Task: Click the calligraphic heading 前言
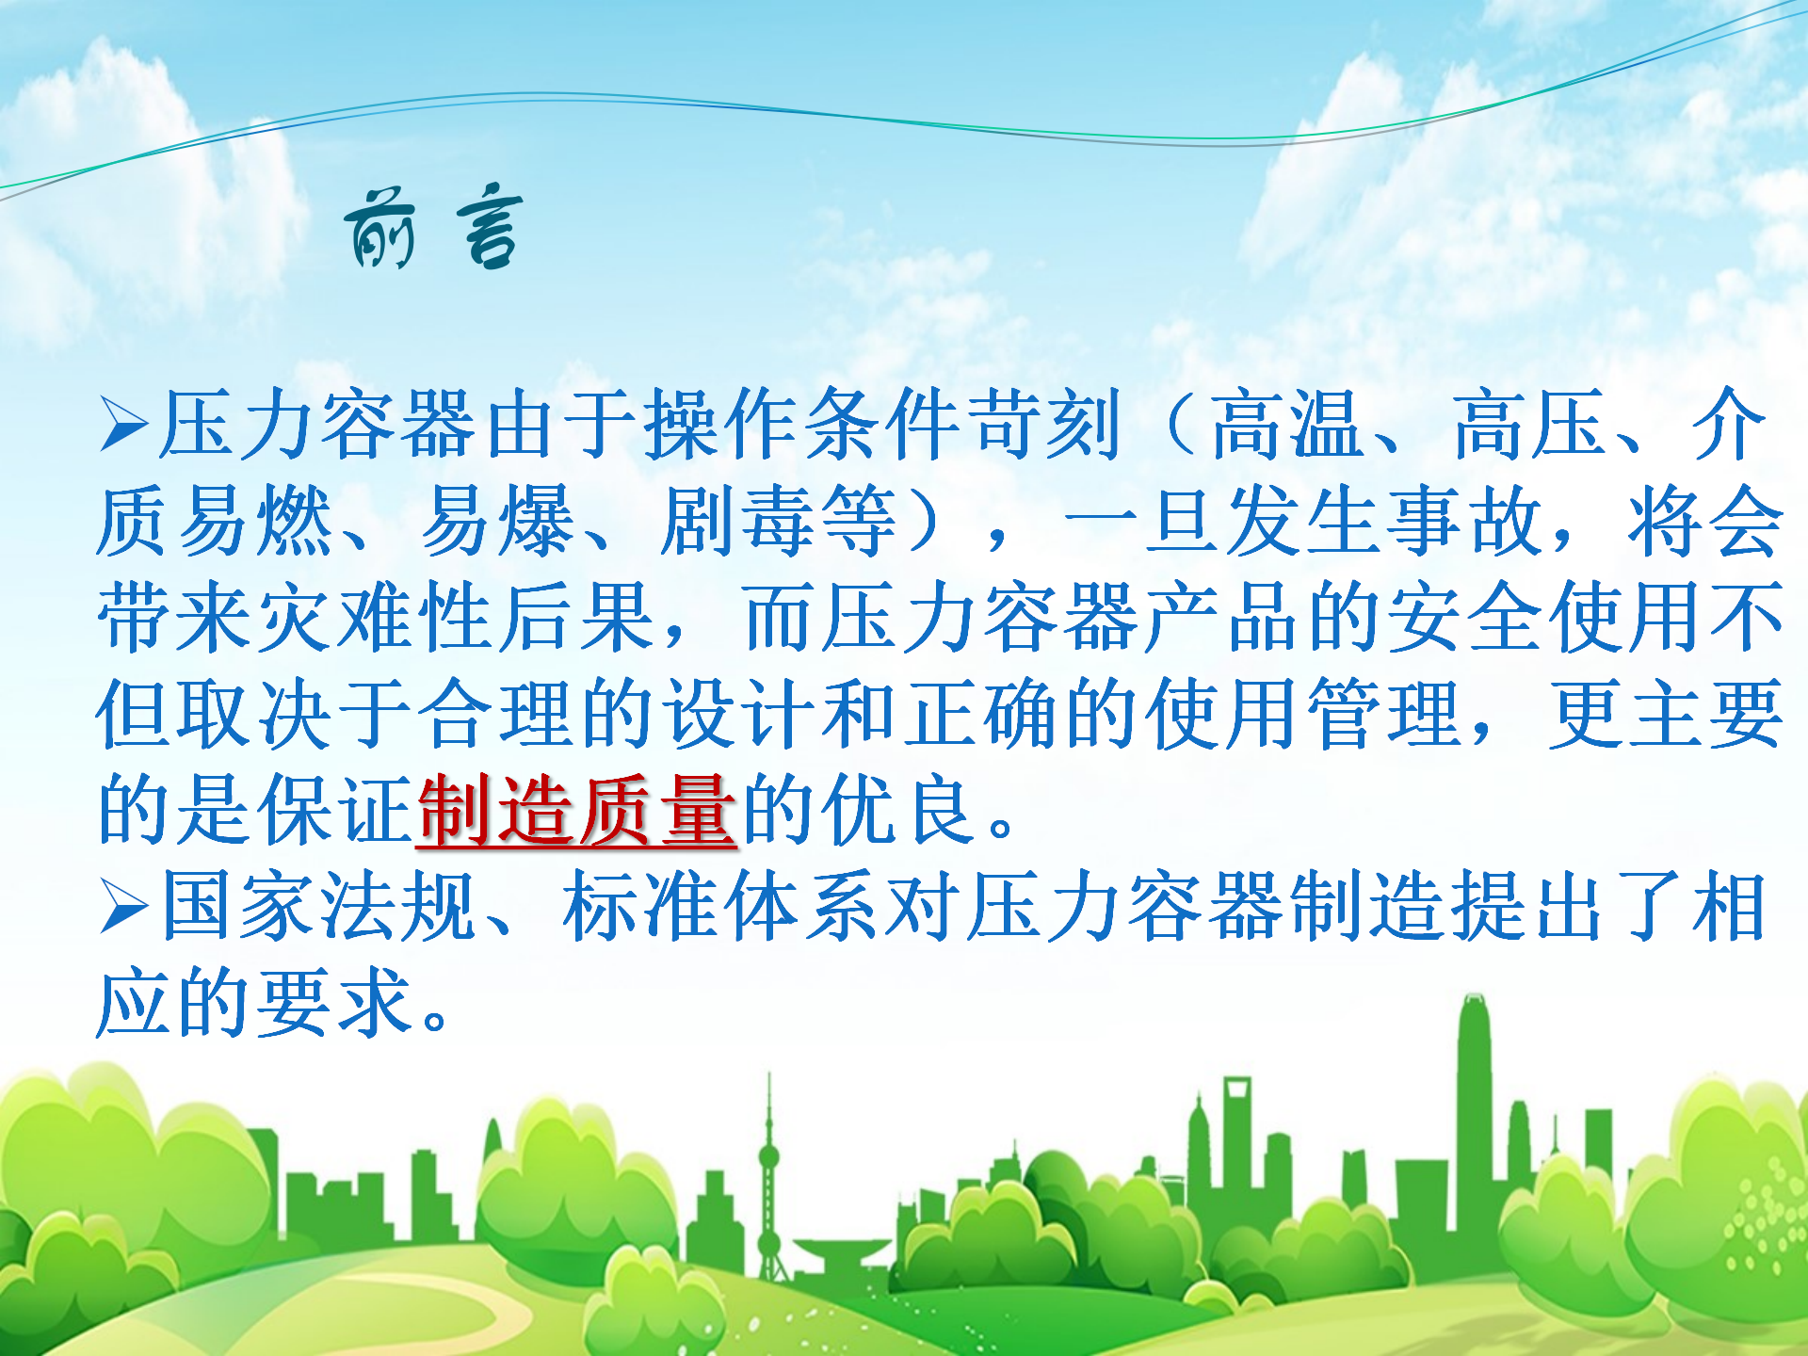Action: coord(433,226)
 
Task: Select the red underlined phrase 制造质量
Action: coord(575,811)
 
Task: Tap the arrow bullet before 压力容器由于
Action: coord(124,425)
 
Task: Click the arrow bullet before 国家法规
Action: coord(124,907)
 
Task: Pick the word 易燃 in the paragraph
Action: coord(216,522)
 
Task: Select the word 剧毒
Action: coord(738,522)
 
